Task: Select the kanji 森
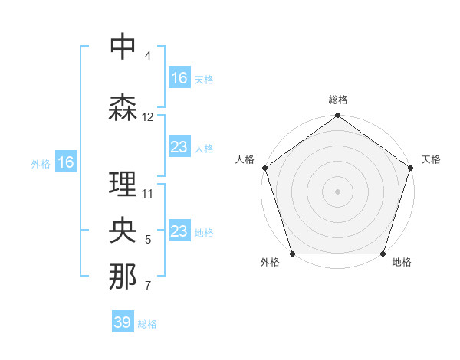coord(123,107)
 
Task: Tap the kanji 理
coord(123,185)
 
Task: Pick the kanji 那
coord(123,277)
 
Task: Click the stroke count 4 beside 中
coord(148,56)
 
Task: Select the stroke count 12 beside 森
coord(148,117)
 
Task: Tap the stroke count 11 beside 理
coord(148,194)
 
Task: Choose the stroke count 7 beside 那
coord(148,286)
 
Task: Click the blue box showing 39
coord(123,322)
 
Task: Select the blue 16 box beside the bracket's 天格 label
coord(179,77)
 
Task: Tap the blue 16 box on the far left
coord(65,162)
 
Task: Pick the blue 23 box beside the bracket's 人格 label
coord(179,147)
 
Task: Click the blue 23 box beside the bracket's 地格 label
coord(179,232)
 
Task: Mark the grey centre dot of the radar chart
coord(337,191)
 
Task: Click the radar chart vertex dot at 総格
coord(337,116)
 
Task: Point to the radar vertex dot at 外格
coord(292,254)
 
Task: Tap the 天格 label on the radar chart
coord(431,159)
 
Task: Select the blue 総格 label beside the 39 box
coord(147,324)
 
